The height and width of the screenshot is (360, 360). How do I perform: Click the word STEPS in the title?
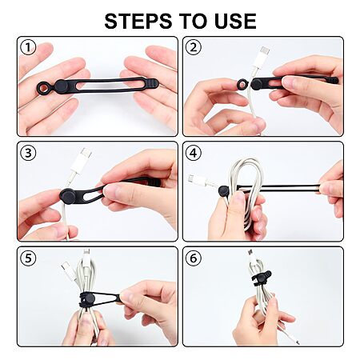coord(138,21)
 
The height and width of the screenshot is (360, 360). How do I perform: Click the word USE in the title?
coord(235,21)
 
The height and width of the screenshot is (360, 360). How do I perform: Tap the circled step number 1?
coord(28,47)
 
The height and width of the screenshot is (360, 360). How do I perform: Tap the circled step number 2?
coord(194,47)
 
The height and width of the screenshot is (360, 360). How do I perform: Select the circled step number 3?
coord(28,153)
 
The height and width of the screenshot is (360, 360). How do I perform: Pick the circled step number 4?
coord(194,153)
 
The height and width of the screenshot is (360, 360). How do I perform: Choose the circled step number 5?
coord(28,258)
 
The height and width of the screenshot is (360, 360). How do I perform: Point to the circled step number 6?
coord(194,258)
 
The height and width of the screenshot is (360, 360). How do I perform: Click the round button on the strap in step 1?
coord(61,86)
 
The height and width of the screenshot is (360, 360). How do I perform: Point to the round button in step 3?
coord(68,196)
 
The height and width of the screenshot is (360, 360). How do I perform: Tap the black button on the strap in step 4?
coord(224,191)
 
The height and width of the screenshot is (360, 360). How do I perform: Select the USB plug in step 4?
coord(198,180)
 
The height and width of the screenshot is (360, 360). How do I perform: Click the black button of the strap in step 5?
coord(89,298)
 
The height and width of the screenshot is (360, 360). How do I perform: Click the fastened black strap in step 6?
coord(262,278)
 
